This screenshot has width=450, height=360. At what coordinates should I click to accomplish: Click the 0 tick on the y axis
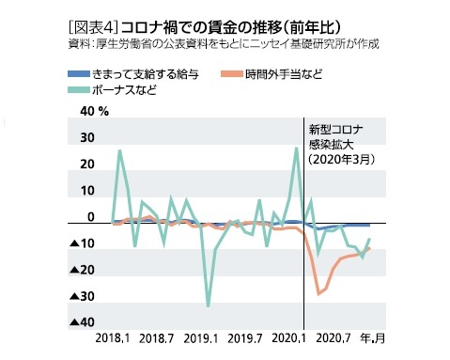91,217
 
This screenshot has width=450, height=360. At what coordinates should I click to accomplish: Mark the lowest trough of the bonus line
208,305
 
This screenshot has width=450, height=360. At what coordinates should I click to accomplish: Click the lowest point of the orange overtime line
318,294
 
